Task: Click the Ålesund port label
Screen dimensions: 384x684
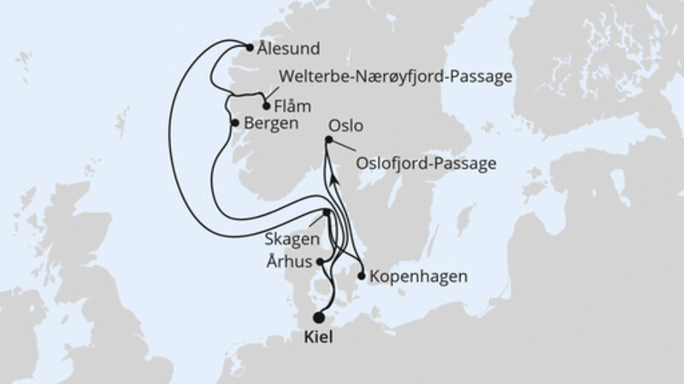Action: (287, 49)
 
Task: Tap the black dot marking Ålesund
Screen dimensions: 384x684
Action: (248, 48)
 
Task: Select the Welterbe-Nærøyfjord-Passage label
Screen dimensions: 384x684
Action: (390, 77)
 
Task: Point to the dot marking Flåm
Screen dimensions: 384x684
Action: (266, 107)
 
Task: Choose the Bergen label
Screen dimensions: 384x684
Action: (271, 124)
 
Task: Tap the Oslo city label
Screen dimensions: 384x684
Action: (345, 125)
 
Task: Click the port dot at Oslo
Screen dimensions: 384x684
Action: (328, 140)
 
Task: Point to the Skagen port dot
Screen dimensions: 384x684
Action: (327, 213)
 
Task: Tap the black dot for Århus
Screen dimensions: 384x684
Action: (320, 263)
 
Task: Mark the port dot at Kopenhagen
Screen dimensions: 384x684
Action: (363, 276)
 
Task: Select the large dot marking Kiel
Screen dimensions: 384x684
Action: (319, 317)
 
